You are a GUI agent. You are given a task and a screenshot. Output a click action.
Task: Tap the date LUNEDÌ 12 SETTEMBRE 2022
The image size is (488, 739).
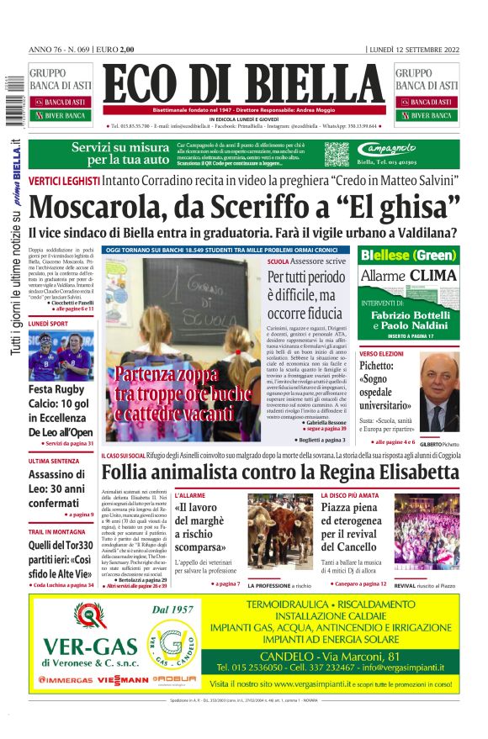pyautogui.click(x=415, y=50)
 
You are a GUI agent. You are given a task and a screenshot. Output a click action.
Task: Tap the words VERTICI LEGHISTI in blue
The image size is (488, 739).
pyautogui.click(x=64, y=180)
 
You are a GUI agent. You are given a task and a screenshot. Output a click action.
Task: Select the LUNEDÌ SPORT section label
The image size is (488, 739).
pyautogui.click(x=49, y=323)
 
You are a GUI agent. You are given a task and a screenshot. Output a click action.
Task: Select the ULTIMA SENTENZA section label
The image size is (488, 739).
pyautogui.click(x=55, y=461)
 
